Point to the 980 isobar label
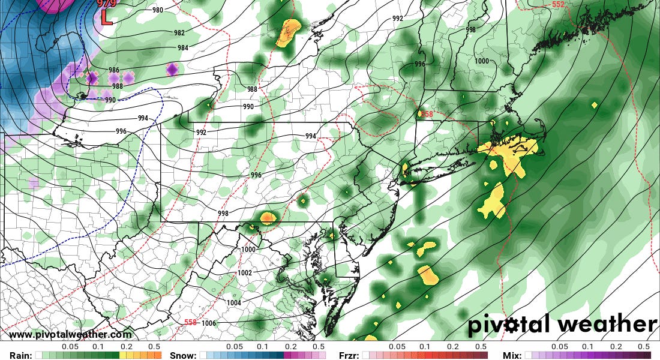[x=158, y=10]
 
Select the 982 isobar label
[x=179, y=33]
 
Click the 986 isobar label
[x=114, y=70]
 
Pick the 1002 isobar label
[x=245, y=272]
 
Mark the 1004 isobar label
[x=233, y=302]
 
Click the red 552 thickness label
[x=558, y=5]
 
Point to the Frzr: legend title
[x=350, y=355]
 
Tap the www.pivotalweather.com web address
[x=71, y=335]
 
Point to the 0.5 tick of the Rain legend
[x=154, y=347]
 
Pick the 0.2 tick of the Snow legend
[x=291, y=347]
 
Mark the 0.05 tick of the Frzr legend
[x=397, y=347]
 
